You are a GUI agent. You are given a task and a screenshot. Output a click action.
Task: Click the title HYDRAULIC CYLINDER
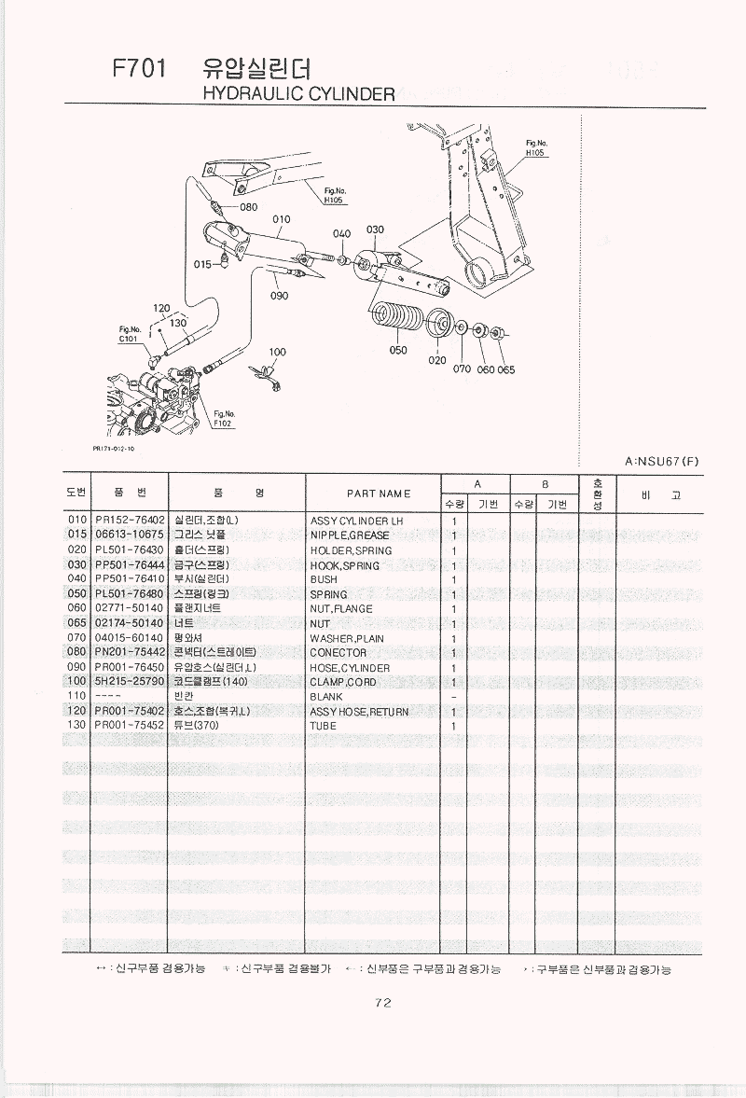(298, 94)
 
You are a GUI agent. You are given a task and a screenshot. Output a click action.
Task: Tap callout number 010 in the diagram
(282, 220)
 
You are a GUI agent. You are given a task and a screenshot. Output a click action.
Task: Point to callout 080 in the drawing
(248, 207)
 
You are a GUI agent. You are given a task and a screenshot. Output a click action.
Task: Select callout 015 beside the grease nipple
(203, 264)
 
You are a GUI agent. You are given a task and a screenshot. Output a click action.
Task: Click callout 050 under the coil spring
(398, 351)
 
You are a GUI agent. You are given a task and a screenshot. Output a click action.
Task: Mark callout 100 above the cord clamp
(277, 353)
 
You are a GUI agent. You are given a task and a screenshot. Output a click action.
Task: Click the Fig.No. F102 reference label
(224, 418)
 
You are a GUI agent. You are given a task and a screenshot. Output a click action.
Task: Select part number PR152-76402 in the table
(130, 520)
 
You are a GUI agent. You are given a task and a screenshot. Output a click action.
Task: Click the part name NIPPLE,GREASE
(350, 535)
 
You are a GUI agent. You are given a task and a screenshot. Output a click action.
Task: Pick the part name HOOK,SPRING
(345, 565)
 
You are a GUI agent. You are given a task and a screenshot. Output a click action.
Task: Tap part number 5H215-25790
(130, 682)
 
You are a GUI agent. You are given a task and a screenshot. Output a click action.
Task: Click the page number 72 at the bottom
(382, 1003)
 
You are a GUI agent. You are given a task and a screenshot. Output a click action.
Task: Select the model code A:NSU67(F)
(662, 461)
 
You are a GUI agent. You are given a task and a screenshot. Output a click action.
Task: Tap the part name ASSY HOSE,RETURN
(359, 712)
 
